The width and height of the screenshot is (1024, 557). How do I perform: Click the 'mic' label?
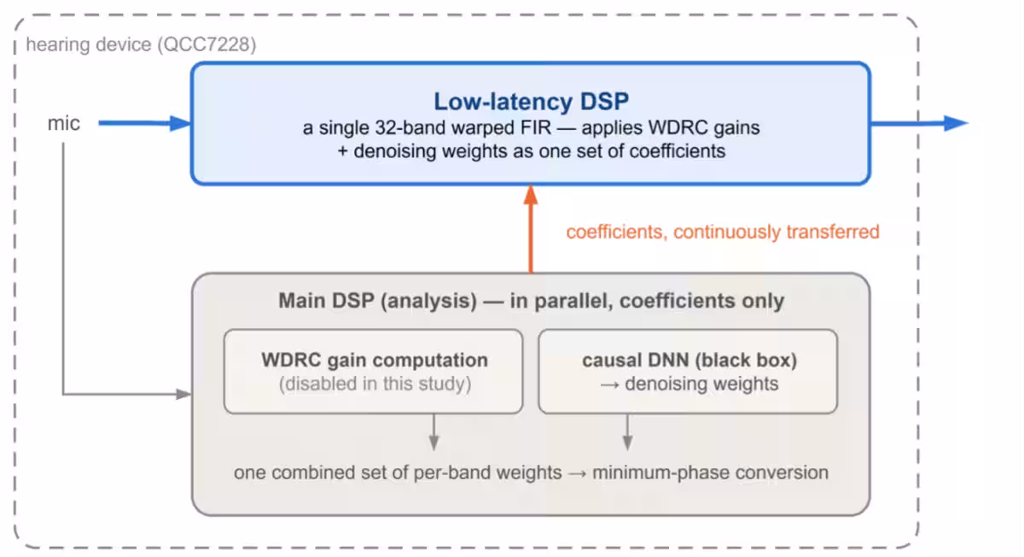[x=63, y=123]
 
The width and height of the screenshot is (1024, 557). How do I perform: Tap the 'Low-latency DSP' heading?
[x=531, y=102]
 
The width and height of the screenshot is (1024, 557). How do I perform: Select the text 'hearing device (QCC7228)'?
[x=141, y=45]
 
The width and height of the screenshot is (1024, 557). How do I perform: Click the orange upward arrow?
[x=530, y=229]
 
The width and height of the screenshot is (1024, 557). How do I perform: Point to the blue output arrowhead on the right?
[x=956, y=123]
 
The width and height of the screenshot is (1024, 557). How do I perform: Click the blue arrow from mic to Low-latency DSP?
[x=144, y=123]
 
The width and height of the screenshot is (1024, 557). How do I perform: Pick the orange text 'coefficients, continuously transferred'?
[x=723, y=232]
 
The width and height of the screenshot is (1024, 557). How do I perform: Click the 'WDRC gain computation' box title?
[x=375, y=360]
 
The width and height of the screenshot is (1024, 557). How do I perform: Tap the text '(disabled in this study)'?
[x=375, y=384]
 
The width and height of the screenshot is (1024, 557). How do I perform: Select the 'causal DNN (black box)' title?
[x=689, y=360]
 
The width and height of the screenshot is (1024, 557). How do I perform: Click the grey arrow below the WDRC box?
[x=433, y=432]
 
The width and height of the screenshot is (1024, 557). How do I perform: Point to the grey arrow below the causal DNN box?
[x=627, y=432]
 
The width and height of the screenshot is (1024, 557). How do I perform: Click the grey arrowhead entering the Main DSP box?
[x=183, y=394]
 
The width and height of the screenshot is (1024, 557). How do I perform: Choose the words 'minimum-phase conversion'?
[x=710, y=472]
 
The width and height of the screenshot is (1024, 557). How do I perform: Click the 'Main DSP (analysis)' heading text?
[x=377, y=301]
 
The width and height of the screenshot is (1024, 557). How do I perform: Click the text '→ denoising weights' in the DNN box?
[x=689, y=384]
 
